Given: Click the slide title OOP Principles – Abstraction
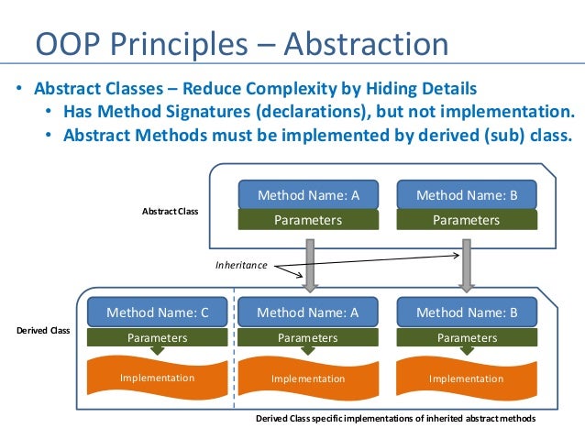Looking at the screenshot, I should [x=241, y=44].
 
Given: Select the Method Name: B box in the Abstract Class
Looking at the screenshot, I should [x=467, y=195].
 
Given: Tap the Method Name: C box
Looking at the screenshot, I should [x=158, y=312].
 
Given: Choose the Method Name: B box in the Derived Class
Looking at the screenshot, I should [x=467, y=312].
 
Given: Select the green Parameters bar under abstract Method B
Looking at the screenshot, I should [x=467, y=220].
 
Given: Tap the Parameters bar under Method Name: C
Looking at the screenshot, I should [x=158, y=337].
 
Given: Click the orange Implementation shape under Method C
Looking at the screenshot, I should [x=158, y=378].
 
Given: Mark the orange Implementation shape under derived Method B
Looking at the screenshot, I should [x=467, y=378].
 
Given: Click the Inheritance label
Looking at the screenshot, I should [x=241, y=265].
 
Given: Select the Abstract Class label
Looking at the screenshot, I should [x=170, y=211].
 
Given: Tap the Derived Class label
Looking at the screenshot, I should [x=43, y=329].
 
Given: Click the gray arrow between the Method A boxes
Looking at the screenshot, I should [x=310, y=264].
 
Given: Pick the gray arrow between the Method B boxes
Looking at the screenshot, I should [x=467, y=264].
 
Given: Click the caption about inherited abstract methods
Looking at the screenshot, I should [x=395, y=418].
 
